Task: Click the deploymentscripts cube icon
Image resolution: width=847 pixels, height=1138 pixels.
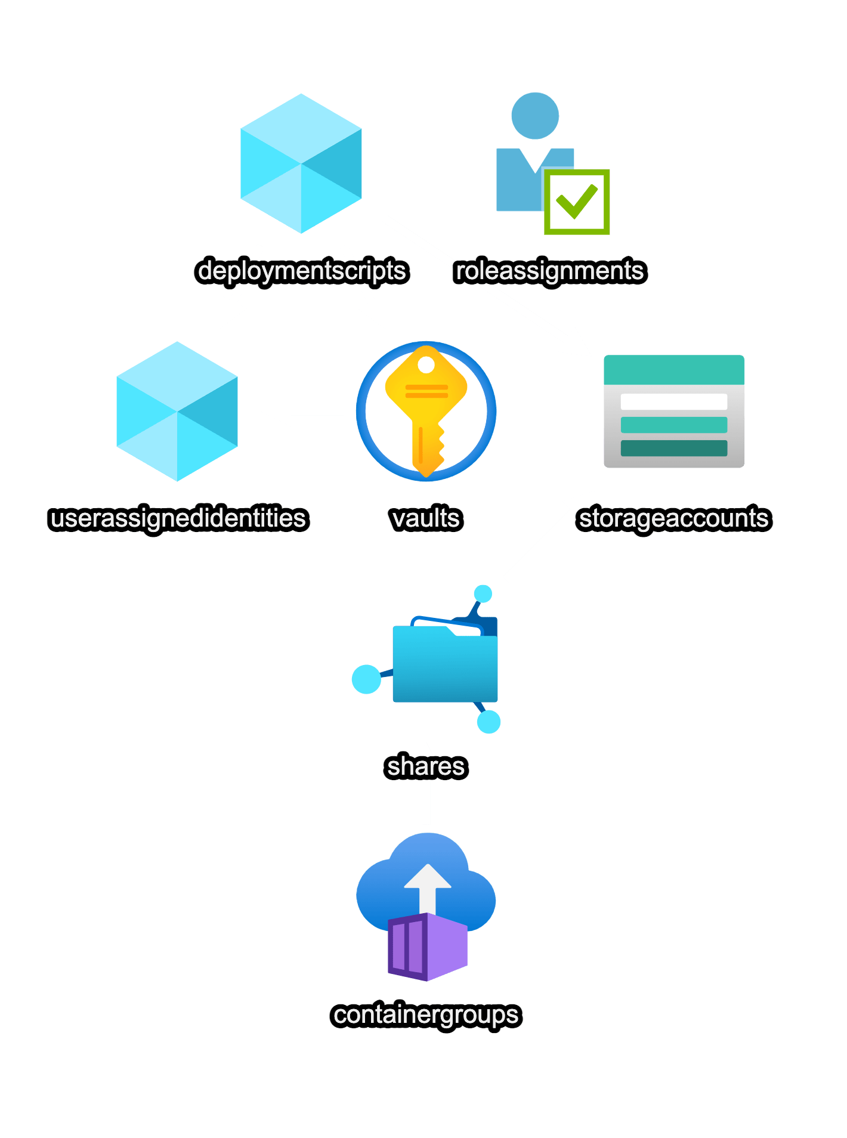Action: pyautogui.click(x=301, y=163)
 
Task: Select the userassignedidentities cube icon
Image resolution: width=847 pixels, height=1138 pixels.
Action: pyautogui.click(x=177, y=412)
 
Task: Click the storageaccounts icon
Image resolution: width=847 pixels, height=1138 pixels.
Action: pyautogui.click(x=674, y=412)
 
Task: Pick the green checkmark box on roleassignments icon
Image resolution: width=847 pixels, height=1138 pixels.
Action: pyautogui.click(x=576, y=202)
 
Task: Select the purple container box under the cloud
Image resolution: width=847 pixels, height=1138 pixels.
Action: pyautogui.click(x=427, y=947)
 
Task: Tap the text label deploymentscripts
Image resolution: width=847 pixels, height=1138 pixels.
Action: pyautogui.click(x=302, y=271)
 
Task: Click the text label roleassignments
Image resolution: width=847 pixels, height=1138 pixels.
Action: pyautogui.click(x=549, y=271)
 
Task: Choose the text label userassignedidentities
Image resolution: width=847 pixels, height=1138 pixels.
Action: pyautogui.click(x=178, y=518)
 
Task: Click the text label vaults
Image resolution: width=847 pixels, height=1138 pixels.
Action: pyautogui.click(x=426, y=518)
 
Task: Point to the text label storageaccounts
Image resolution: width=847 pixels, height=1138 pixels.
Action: pyautogui.click(x=674, y=518)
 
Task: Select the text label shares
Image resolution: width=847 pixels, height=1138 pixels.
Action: pyautogui.click(x=426, y=766)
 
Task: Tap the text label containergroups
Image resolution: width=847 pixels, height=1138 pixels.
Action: pyautogui.click(x=426, y=1015)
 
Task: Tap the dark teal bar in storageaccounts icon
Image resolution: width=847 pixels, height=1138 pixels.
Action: pyautogui.click(x=674, y=449)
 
